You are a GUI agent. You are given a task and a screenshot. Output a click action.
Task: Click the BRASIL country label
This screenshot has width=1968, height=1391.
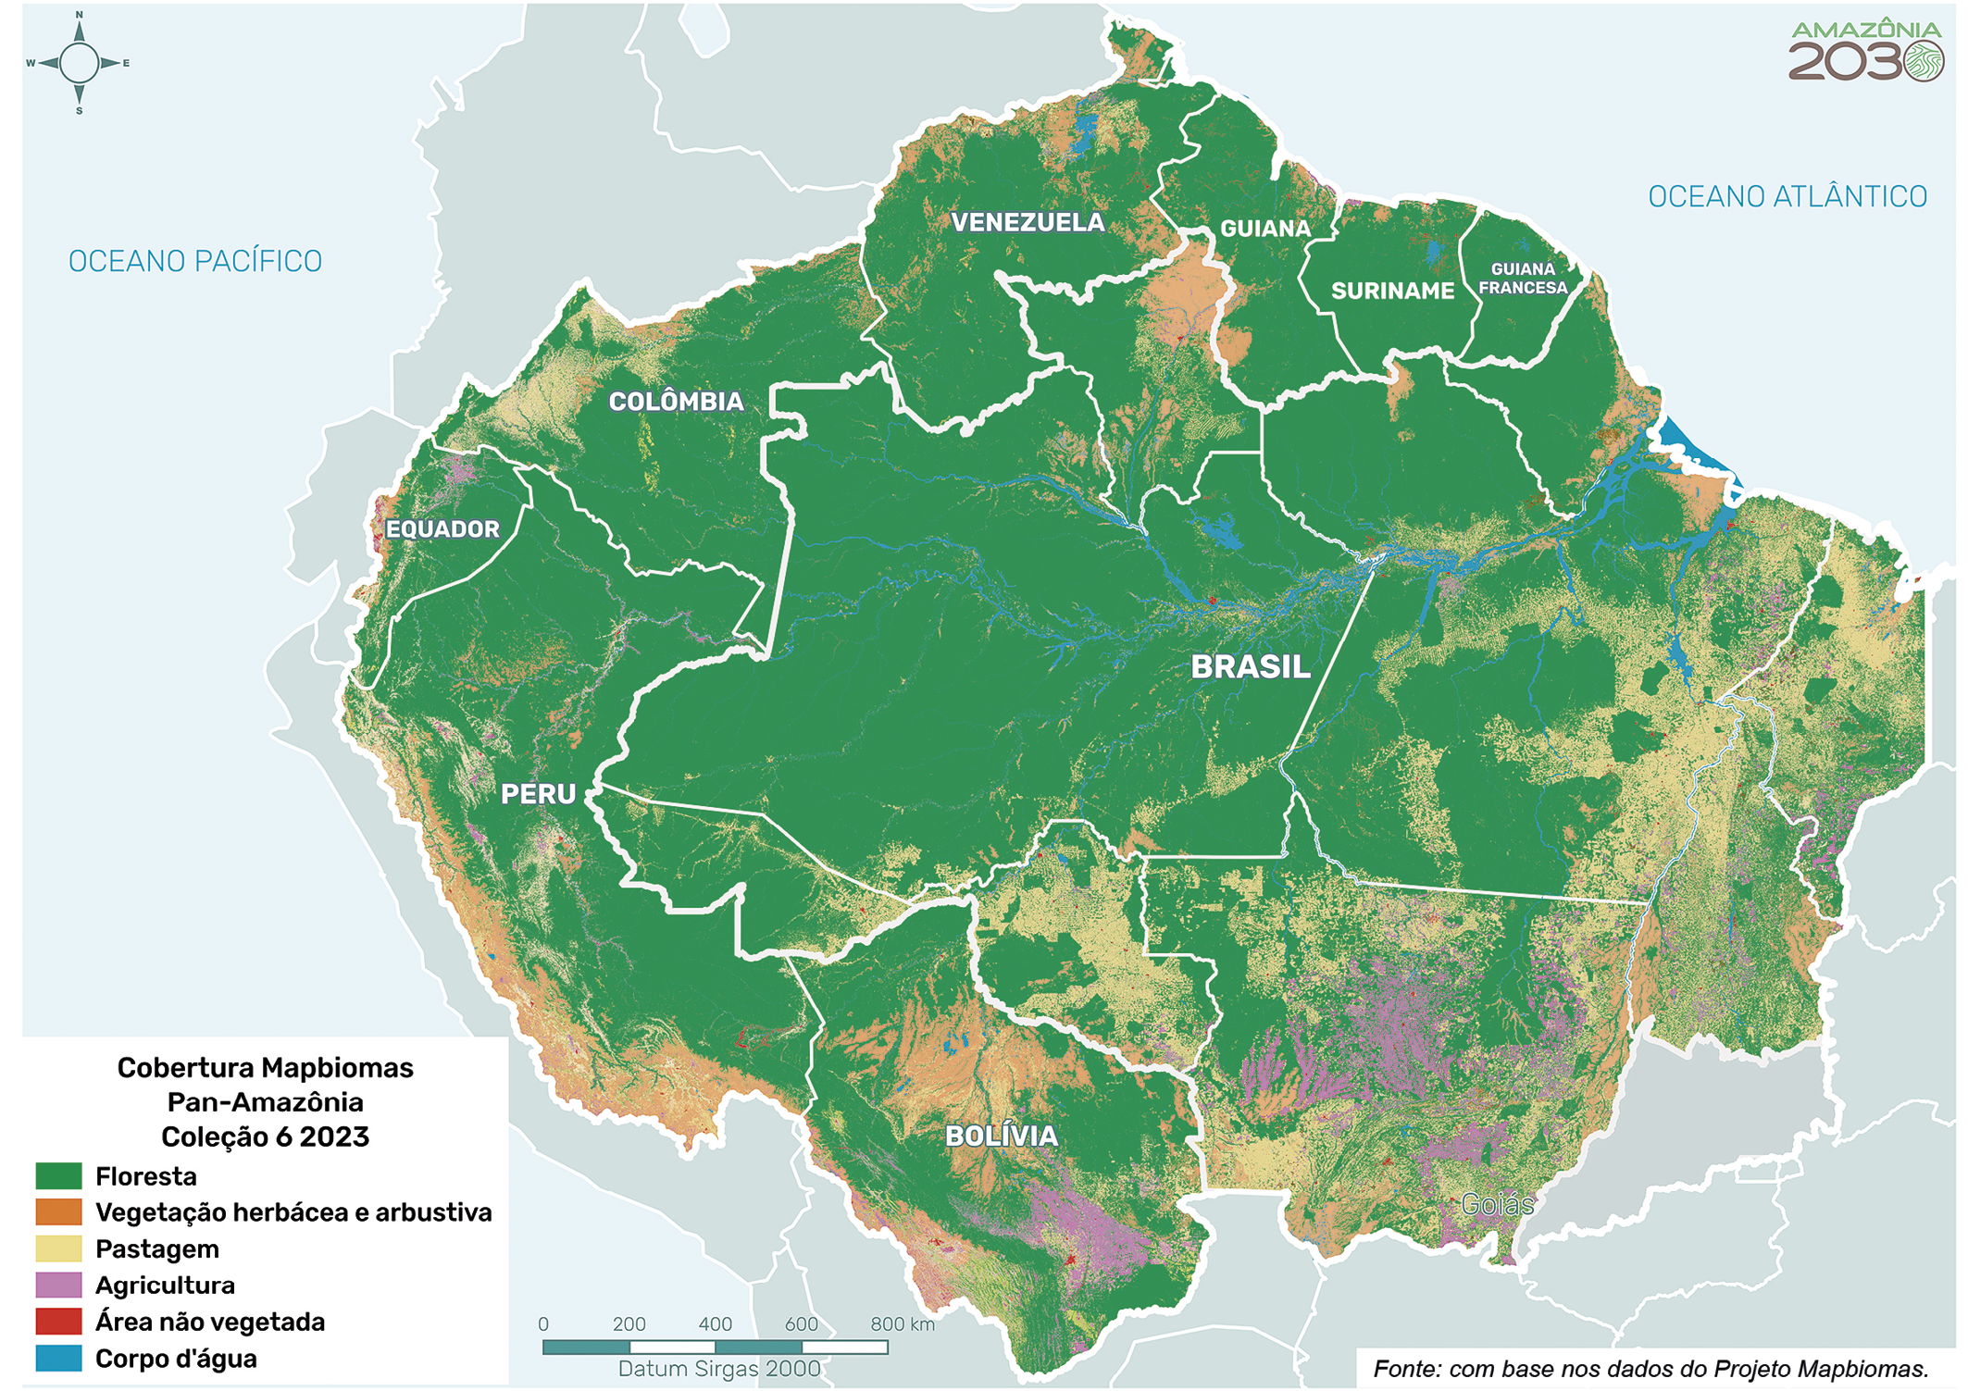click(x=1250, y=667)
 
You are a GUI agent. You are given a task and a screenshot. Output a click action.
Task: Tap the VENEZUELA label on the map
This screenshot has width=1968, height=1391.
click(x=1028, y=223)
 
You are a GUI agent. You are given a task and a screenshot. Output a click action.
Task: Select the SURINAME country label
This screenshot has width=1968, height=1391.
click(x=1392, y=292)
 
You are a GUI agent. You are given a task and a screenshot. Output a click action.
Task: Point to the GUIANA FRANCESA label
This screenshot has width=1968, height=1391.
click(x=1522, y=279)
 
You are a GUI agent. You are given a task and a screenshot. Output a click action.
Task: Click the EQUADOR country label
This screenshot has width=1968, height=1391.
click(x=442, y=529)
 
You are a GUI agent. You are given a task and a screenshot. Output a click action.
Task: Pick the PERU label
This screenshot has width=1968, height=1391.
click(x=538, y=794)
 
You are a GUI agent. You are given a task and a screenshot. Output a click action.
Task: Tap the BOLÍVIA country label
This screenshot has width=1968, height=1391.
click(x=1001, y=1136)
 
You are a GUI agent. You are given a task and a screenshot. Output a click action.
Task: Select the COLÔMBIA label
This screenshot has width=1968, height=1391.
click(x=676, y=402)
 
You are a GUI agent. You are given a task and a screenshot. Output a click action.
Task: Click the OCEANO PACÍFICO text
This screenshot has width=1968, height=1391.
click(x=195, y=262)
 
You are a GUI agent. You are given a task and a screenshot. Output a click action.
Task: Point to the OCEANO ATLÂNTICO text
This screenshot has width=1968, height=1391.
click(x=1787, y=197)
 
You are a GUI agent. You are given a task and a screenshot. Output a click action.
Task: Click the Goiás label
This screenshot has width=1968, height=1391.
click(x=1497, y=1204)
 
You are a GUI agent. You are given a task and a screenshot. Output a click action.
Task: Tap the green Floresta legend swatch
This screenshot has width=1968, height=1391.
click(x=58, y=1176)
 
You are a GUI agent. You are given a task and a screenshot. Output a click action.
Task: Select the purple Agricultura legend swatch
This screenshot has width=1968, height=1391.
click(x=58, y=1285)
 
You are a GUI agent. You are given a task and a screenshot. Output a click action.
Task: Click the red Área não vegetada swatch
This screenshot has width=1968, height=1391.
click(x=58, y=1321)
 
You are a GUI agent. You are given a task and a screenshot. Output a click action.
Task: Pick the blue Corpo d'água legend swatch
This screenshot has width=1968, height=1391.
click(x=58, y=1358)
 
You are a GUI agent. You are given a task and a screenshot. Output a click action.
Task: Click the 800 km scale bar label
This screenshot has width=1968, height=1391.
click(x=902, y=1324)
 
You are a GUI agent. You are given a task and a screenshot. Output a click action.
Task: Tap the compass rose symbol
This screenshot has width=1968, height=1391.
click(x=79, y=63)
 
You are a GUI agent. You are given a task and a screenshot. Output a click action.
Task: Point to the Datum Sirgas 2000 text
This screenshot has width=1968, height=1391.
click(x=719, y=1369)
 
